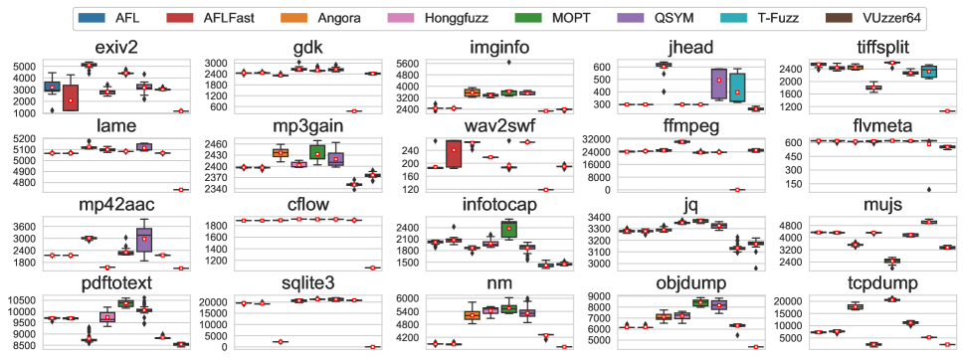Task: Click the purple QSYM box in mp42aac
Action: tap(145, 240)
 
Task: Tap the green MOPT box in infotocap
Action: tap(508, 229)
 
